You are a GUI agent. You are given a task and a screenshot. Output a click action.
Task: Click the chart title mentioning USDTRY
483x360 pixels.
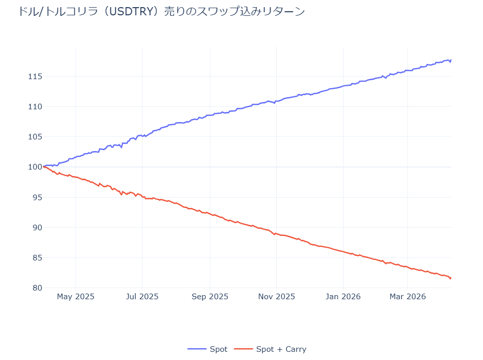pos(161,11)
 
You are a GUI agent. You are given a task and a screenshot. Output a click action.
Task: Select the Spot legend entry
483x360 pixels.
pos(208,349)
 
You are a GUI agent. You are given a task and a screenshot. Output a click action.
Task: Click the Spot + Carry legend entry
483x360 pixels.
pos(270,349)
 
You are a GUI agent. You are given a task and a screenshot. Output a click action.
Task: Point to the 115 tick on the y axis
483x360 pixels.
pos(35,77)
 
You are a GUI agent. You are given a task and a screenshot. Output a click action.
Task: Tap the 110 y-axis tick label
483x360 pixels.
pos(35,107)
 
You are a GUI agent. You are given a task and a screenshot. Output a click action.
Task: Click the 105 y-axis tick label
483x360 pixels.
pos(35,137)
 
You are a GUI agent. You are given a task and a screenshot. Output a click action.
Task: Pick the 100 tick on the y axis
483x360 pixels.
pos(35,167)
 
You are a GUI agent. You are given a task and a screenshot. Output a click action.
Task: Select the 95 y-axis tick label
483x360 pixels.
pos(37,197)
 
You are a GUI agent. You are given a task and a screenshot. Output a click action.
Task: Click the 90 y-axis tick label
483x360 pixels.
pos(37,227)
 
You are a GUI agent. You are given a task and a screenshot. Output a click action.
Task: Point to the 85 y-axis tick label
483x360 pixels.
pos(37,257)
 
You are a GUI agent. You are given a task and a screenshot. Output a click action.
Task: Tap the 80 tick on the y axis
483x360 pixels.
pos(37,287)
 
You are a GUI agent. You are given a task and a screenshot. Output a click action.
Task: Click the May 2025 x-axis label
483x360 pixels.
pos(76,297)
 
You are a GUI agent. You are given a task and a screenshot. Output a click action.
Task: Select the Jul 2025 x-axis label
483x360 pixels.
pos(142,297)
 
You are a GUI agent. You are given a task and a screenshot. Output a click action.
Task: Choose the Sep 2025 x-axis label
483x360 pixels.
pos(210,297)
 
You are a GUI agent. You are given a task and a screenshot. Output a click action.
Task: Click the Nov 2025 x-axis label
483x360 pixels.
pos(276,297)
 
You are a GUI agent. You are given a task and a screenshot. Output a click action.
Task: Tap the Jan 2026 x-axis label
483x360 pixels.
pos(343,297)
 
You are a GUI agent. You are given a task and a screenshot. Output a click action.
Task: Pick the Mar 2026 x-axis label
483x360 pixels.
pos(407,297)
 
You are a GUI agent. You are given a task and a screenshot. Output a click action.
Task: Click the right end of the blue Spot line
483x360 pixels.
pos(451,60)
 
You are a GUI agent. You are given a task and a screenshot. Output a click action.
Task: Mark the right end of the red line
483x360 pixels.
pos(451,278)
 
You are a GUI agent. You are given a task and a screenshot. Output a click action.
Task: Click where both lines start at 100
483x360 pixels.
pos(44,166)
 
